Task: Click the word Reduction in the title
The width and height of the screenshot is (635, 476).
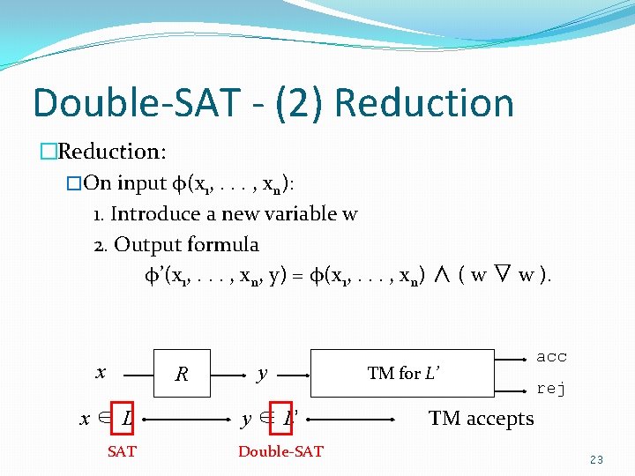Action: pyautogui.click(x=424, y=103)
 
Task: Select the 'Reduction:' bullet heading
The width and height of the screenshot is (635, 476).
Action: pyautogui.click(x=111, y=152)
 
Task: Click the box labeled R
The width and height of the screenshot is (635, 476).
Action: pyautogui.click(x=182, y=375)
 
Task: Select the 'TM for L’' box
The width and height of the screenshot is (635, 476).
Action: pyautogui.click(x=404, y=374)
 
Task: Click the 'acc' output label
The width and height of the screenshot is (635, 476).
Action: pyautogui.click(x=551, y=357)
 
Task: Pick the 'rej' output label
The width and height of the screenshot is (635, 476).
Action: pyautogui.click(x=551, y=389)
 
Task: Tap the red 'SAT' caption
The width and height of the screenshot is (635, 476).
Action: pyautogui.click(x=122, y=451)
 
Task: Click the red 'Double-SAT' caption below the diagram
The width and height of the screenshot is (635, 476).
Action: pyautogui.click(x=280, y=451)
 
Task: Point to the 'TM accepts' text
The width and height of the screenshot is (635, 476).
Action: pyautogui.click(x=481, y=418)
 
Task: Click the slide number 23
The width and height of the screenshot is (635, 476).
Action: pyautogui.click(x=597, y=459)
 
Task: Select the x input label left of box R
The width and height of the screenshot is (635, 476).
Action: pyautogui.click(x=100, y=372)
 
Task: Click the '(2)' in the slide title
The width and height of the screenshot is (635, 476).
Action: pyautogui.click(x=299, y=103)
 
